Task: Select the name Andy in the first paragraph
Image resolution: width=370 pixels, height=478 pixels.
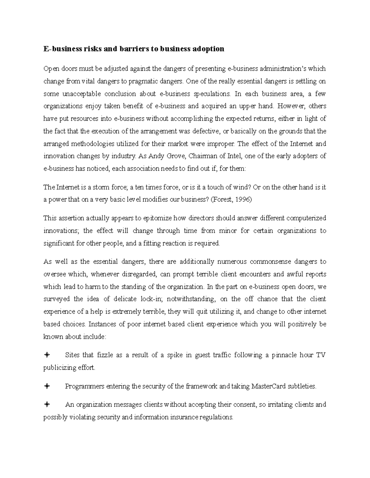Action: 156,156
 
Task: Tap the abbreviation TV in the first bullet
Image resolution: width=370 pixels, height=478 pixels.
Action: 321,355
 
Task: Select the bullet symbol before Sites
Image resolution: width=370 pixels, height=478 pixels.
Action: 47,355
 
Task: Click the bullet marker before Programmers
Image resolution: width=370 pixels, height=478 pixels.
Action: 47,386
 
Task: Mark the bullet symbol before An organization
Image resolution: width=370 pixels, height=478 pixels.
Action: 47,405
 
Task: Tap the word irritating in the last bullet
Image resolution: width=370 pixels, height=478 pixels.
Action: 282,405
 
